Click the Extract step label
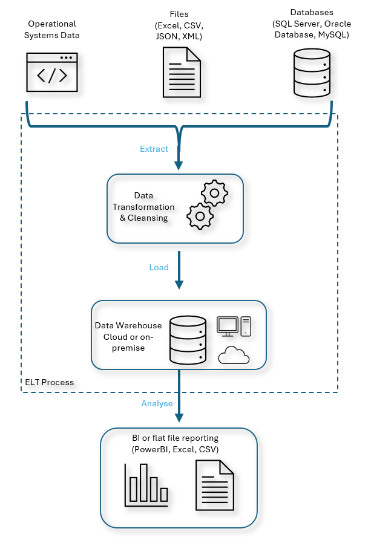point(154,149)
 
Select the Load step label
point(159,267)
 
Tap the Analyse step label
point(157,403)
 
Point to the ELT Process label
point(50,382)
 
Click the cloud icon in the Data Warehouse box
point(234,356)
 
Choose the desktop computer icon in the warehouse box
point(234,327)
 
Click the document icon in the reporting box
point(214,485)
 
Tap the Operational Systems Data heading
point(53,30)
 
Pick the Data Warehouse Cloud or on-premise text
point(128,336)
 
